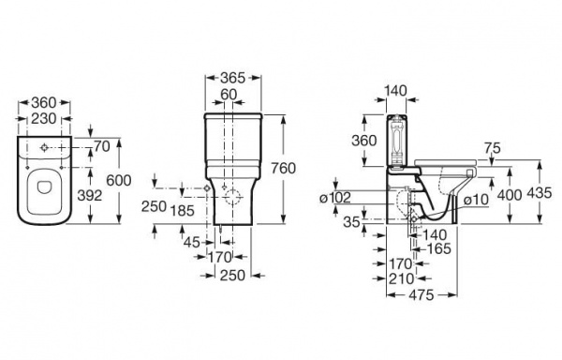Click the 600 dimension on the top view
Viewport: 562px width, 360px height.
pyautogui.click(x=119, y=180)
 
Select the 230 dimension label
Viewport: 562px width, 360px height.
pyautogui.click(x=44, y=119)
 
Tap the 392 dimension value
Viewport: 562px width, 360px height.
pyautogui.click(x=90, y=195)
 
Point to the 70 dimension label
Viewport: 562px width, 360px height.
pyautogui.click(x=102, y=146)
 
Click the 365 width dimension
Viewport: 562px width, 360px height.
pyautogui.click(x=232, y=78)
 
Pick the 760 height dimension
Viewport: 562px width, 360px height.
pyautogui.click(x=283, y=168)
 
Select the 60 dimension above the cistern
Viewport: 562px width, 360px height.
pyautogui.click(x=229, y=95)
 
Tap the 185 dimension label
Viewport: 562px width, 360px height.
pyautogui.click(x=182, y=211)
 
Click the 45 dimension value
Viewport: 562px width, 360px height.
pyautogui.click(x=191, y=243)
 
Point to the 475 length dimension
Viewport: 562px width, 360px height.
pyautogui.click(x=421, y=295)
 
